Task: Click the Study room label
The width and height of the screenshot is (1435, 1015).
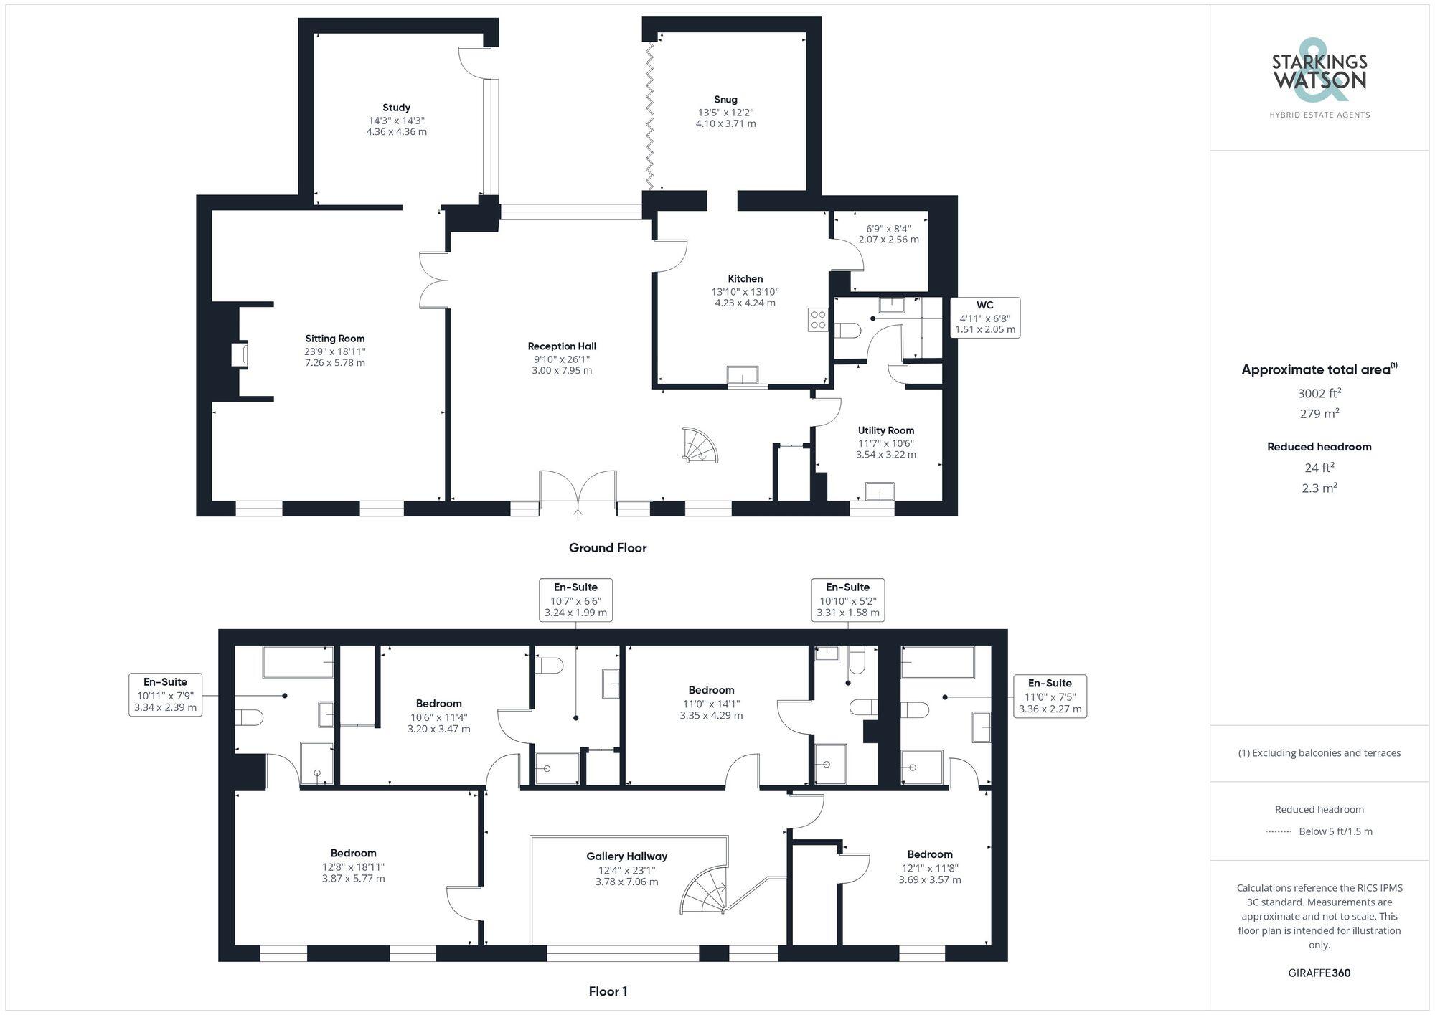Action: point(396,108)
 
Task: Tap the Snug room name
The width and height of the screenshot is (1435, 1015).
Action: point(725,100)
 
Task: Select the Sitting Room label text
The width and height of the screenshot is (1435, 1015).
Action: point(335,339)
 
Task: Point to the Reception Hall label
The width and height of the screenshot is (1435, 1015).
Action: point(562,346)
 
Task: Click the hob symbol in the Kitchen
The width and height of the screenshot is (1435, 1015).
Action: point(818,320)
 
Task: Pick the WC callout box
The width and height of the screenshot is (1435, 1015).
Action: point(985,317)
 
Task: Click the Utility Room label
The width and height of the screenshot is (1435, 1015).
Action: point(886,430)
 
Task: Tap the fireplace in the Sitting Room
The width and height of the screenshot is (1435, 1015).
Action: point(241,356)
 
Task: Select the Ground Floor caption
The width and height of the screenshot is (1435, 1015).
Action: point(608,548)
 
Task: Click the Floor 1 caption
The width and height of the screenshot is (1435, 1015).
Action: point(608,991)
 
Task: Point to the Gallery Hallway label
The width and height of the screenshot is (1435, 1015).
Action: point(626,856)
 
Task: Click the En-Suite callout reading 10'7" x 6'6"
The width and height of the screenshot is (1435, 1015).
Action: point(575,600)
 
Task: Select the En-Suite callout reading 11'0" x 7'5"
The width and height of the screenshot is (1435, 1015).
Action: point(1050,696)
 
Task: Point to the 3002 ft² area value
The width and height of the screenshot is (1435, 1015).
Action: point(1319,393)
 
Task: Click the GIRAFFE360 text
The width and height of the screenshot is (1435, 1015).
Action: point(1319,973)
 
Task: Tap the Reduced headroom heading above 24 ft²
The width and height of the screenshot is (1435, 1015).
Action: point(1319,447)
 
